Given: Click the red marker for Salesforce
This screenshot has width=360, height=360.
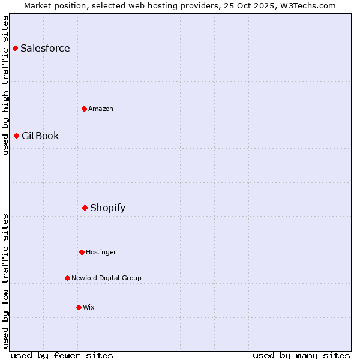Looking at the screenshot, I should [16, 48].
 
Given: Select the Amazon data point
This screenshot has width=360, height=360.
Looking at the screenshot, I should [85, 109].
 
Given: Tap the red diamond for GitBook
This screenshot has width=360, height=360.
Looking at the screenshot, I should [17, 136].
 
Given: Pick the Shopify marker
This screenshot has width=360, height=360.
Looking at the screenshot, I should [85, 208].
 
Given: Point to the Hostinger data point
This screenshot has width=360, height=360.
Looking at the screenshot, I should [82, 252].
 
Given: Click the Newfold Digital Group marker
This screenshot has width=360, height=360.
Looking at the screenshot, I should [67, 278].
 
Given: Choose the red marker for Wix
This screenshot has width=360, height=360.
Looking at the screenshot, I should [79, 307].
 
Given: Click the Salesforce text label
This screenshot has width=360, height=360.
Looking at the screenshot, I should [45, 48].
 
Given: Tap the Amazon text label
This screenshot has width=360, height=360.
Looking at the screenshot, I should [101, 109].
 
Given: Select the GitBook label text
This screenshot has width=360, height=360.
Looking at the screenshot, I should [40, 136].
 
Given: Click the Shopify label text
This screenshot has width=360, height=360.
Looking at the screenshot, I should [108, 208].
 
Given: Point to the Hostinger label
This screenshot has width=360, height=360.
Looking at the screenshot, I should [101, 252].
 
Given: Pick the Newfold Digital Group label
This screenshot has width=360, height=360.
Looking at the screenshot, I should [106, 278].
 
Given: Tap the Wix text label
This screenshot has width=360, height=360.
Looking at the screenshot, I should [89, 307].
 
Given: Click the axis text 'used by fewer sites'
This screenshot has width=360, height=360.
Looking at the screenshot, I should [62, 355].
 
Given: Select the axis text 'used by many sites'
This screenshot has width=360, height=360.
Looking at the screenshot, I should [301, 355].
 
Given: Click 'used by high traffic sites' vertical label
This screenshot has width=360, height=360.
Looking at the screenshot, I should [5, 85].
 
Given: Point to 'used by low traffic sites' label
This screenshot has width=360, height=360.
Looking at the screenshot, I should [5, 281].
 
